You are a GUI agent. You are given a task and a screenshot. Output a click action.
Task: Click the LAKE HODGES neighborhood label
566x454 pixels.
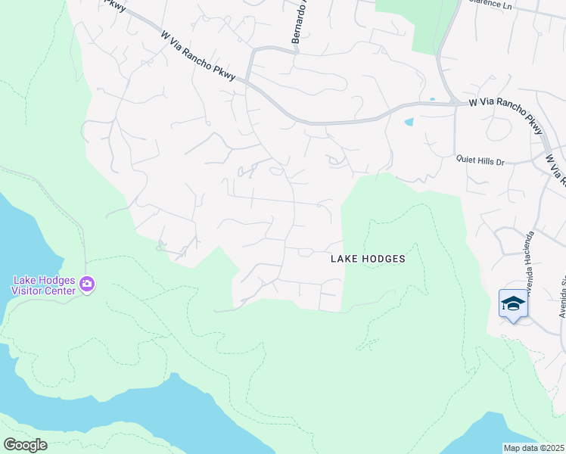pyautogui.click(x=368, y=259)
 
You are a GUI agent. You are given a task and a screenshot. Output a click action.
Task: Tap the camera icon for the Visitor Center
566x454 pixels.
pyautogui.click(x=88, y=285)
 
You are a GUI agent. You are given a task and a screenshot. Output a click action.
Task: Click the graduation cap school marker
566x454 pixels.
pyautogui.click(x=513, y=303)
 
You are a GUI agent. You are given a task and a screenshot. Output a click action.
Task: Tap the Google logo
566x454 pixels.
pyautogui.click(x=25, y=445)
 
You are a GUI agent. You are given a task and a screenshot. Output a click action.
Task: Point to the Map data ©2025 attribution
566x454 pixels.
pyautogui.click(x=534, y=448)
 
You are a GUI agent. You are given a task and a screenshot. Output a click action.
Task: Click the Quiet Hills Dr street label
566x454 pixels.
pyautogui.click(x=484, y=159)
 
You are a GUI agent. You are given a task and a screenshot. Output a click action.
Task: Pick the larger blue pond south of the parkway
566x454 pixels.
pyautogui.click(x=409, y=122)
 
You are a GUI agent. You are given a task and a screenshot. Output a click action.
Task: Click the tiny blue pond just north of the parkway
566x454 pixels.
pyautogui.click(x=432, y=99)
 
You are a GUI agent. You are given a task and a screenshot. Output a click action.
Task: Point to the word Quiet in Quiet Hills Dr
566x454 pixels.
pyautogui.click(x=465, y=159)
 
